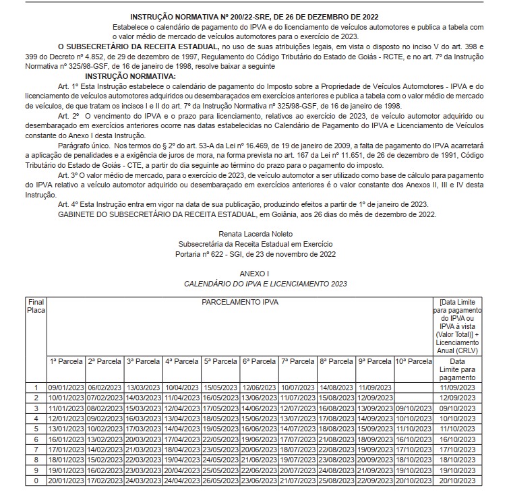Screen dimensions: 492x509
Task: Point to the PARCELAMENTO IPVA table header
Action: (x=239, y=303)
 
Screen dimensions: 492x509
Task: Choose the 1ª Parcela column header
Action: (x=66, y=362)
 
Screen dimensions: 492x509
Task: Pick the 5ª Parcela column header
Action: (x=220, y=362)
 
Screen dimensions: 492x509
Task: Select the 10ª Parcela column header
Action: (x=413, y=362)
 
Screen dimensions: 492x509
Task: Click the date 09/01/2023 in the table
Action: (x=66, y=388)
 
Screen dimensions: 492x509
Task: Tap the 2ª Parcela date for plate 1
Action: (x=104, y=388)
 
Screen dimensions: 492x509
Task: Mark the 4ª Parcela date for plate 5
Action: (x=181, y=429)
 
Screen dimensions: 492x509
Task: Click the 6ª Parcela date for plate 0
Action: (x=258, y=480)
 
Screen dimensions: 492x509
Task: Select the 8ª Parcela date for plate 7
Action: (x=335, y=450)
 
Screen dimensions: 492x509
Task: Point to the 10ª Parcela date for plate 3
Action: (x=413, y=408)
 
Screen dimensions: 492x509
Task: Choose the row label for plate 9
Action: (x=35, y=470)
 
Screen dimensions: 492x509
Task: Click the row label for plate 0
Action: (x=35, y=480)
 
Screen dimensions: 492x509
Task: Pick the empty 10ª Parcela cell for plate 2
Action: (x=413, y=398)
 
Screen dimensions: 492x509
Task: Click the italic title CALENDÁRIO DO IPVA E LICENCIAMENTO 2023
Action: (x=254, y=283)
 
